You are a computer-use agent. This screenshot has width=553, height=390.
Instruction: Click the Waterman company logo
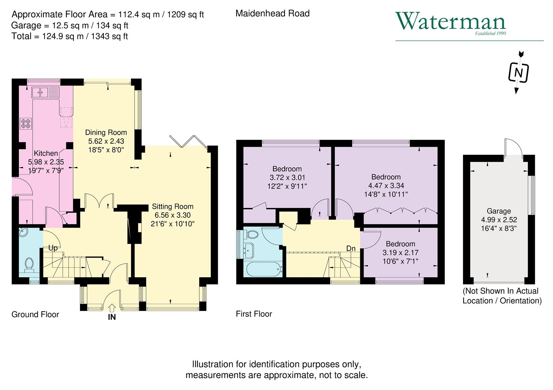pyautogui.click(x=451, y=22)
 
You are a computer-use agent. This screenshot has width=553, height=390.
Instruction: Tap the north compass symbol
pyautogui.click(x=519, y=73)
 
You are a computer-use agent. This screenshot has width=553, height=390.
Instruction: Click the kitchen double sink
pyautogui.click(x=45, y=92)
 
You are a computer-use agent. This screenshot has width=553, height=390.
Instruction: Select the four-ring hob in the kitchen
pyautogui.click(x=26, y=124)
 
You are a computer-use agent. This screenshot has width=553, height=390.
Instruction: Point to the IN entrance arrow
pyautogui.click(x=112, y=308)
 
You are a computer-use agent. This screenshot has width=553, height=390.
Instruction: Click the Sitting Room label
pyautogui.click(x=173, y=207)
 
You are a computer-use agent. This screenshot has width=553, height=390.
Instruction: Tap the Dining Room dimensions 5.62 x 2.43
pyautogui.click(x=106, y=141)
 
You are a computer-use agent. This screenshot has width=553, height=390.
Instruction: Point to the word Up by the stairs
pyautogui.click(x=53, y=248)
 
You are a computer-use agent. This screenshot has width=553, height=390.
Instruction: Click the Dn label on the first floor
pyautogui.click(x=351, y=248)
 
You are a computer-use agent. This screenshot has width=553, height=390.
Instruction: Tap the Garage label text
pyautogui.click(x=499, y=211)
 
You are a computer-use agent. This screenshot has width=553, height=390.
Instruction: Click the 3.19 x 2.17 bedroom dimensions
pyautogui.click(x=400, y=252)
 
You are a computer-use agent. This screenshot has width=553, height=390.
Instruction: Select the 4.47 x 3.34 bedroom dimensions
pyautogui.click(x=386, y=186)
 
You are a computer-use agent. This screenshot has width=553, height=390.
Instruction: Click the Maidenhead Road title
pyautogui.click(x=272, y=14)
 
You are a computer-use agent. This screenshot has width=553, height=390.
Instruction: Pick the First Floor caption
pyautogui.click(x=254, y=314)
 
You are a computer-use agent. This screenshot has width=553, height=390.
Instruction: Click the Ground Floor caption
pyautogui.click(x=35, y=315)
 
